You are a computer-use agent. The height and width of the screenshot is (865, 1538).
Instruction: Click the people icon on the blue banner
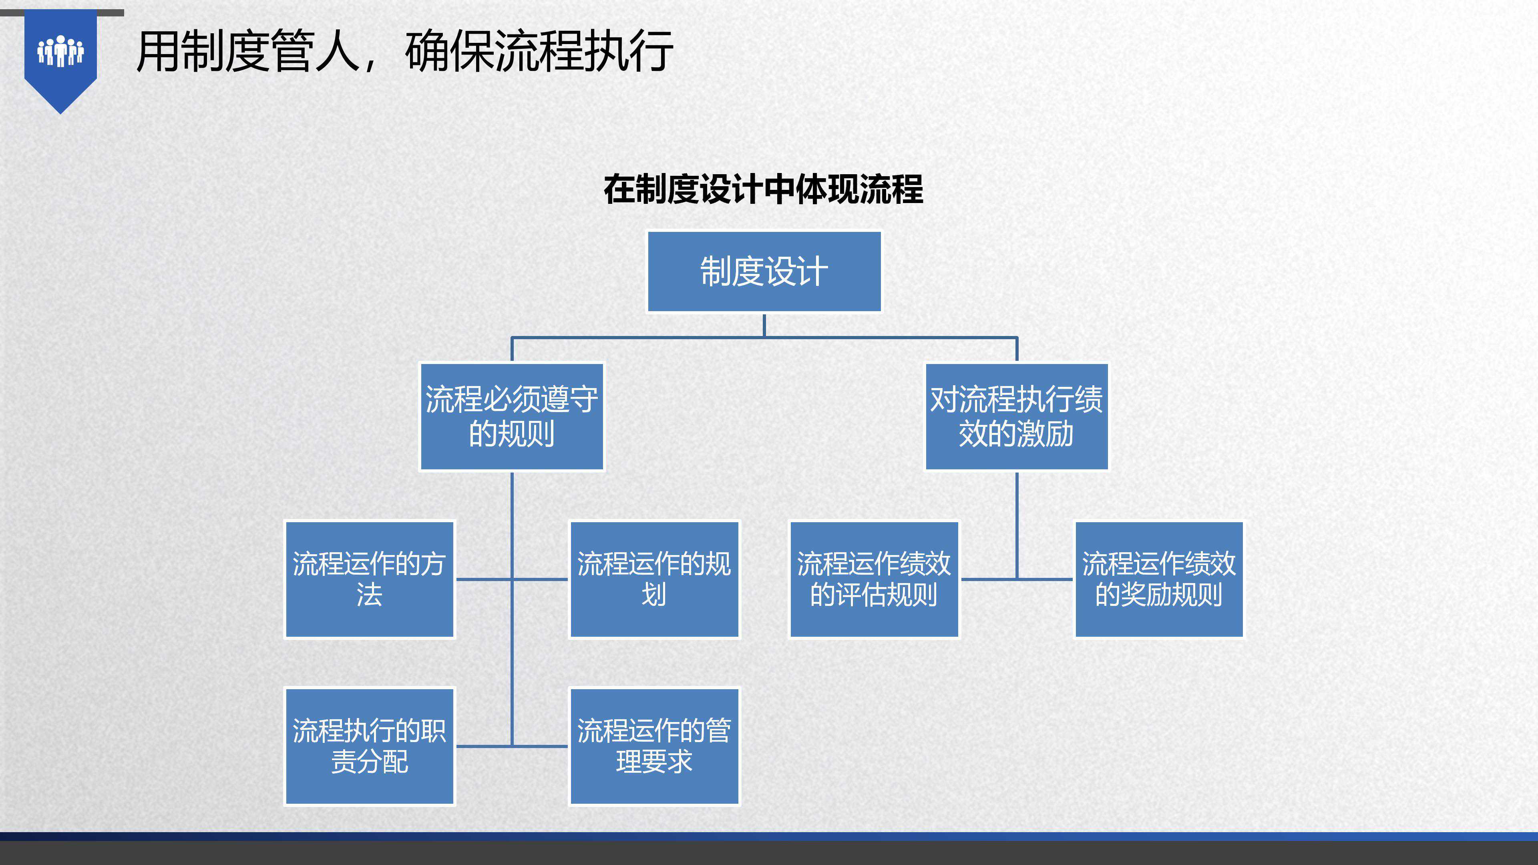click(x=60, y=51)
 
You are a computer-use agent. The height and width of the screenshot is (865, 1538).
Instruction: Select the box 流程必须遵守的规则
click(x=512, y=416)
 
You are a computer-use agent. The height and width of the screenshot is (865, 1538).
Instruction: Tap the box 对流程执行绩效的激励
click(x=1016, y=416)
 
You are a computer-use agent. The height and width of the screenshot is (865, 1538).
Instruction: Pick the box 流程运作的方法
click(x=369, y=579)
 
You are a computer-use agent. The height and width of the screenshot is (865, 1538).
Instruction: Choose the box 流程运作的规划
click(x=654, y=579)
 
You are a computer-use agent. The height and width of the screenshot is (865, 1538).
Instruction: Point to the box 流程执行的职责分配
click(x=369, y=746)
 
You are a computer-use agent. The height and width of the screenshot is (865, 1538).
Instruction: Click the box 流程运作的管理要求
click(x=654, y=746)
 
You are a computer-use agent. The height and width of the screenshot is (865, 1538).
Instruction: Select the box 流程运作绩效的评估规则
click(x=873, y=579)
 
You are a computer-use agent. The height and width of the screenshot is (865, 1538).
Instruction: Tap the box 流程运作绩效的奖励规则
click(x=1158, y=579)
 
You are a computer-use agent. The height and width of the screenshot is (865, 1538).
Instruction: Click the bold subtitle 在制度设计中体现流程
click(x=763, y=189)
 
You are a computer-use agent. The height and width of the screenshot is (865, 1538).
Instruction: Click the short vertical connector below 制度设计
click(x=764, y=325)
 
